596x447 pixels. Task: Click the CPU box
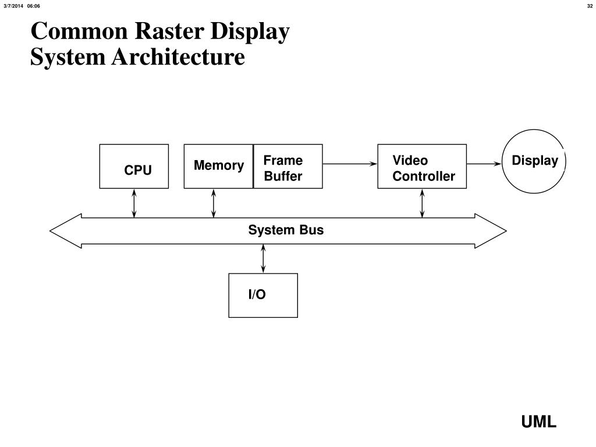(x=134, y=166)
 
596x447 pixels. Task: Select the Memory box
(x=218, y=166)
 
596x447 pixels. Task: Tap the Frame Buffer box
(x=288, y=166)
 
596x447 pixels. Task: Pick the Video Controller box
(x=422, y=166)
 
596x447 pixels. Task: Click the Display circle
(x=534, y=161)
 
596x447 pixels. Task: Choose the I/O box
(x=263, y=295)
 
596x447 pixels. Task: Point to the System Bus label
(x=286, y=230)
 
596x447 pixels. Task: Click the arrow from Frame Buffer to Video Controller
(x=350, y=164)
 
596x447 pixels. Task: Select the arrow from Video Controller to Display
(x=484, y=164)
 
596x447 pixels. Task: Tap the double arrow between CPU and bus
(x=134, y=203)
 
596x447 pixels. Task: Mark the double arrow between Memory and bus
(x=214, y=203)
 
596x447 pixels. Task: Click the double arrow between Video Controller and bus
(x=423, y=203)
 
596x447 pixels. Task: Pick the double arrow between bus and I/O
(x=264, y=258)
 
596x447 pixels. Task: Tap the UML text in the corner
(x=538, y=422)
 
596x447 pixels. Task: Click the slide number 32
(x=589, y=6)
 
